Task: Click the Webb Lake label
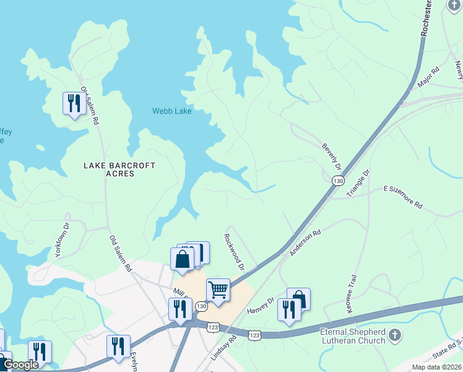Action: pos(172,111)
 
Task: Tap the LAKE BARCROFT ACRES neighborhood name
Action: pos(119,170)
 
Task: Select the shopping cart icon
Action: pos(218,290)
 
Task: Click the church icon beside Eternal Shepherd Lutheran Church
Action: pos(395,336)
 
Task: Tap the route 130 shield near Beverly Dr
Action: pos(337,180)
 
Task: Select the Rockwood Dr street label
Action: pos(235,251)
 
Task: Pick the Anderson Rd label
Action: pos(306,242)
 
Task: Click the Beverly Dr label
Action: pos(331,157)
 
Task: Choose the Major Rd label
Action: pos(428,77)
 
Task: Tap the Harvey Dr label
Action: pos(261,305)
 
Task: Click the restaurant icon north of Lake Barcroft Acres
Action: pos(74,102)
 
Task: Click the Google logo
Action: pos(21,365)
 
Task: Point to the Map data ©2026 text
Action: pos(436,367)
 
